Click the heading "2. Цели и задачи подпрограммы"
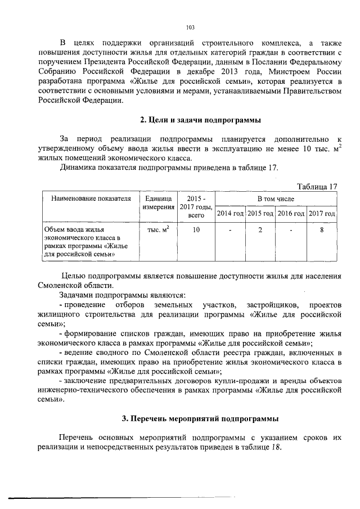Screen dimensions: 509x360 pos(200,119)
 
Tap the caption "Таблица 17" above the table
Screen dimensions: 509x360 pos(316,187)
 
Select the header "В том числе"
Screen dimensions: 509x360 pos(276,199)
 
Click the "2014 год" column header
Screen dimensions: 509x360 pos(230,214)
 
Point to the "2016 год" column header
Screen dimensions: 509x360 pos(291,214)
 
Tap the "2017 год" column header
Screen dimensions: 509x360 pos(322,214)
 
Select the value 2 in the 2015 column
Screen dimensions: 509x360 pos(260,229)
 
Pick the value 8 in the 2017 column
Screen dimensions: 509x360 pos(322,229)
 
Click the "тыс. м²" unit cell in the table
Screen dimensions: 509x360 pos(158,229)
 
